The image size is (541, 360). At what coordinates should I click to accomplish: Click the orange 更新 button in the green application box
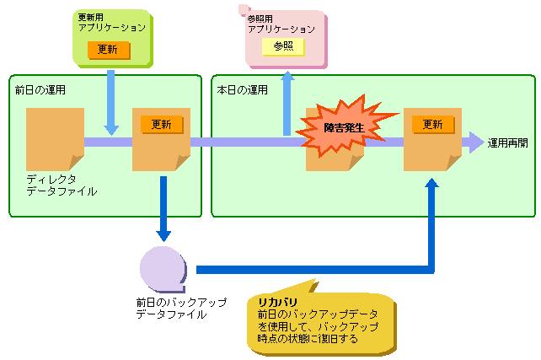point(109,50)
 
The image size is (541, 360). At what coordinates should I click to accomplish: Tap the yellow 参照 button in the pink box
point(283,46)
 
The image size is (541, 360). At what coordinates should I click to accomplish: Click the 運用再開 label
point(507,143)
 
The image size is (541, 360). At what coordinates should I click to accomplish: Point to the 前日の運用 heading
point(40,90)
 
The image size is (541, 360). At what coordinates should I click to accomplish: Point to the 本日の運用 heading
point(242,90)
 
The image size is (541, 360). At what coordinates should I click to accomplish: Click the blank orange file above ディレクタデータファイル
point(56,139)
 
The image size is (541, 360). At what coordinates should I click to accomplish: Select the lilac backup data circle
point(163,270)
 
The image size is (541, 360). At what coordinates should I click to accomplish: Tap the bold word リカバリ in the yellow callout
point(278,303)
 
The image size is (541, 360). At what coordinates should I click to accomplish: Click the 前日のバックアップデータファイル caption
point(181,309)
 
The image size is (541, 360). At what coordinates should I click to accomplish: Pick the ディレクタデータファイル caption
point(62,185)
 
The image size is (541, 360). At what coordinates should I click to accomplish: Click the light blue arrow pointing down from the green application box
point(110,103)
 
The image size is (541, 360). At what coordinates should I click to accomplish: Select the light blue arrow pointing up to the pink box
point(287,104)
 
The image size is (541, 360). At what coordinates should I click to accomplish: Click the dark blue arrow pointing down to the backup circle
point(163,209)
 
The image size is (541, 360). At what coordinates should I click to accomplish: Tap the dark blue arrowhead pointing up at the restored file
point(431,183)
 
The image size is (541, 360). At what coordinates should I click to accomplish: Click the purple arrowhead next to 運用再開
point(476,142)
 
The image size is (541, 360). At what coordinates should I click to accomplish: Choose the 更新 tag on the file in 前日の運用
point(162,124)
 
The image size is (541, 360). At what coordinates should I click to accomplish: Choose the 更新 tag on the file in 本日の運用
point(433,124)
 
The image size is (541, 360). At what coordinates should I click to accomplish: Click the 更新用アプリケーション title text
point(112,23)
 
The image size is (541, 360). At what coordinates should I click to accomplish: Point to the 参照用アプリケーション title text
point(281,24)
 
